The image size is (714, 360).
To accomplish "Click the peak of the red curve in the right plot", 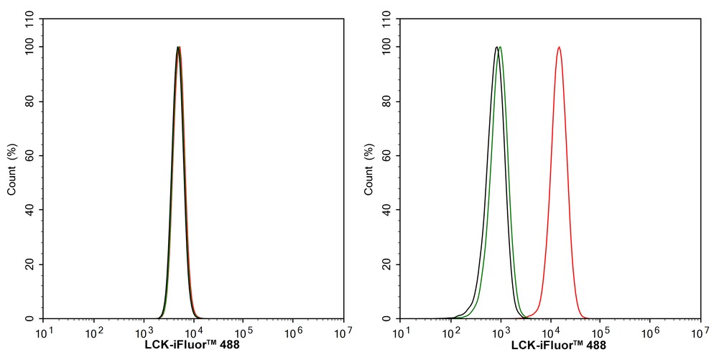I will tap(559, 47).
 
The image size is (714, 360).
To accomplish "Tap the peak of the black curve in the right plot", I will tap(496, 47).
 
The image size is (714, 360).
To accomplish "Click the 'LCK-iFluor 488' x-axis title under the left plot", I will tap(193, 346).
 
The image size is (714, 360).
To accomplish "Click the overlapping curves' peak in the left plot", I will tap(179, 47).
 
